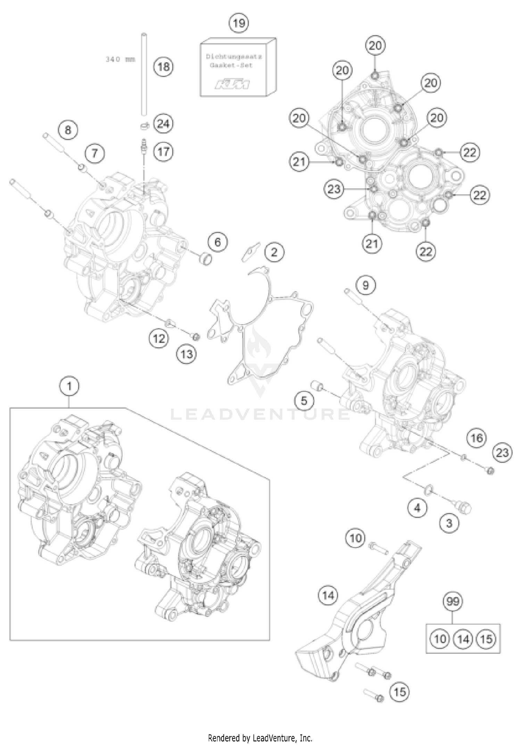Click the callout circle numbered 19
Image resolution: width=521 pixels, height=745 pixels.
tap(239, 23)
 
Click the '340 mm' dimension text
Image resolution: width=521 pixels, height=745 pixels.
tap(120, 59)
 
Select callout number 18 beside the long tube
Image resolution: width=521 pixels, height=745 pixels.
tap(164, 66)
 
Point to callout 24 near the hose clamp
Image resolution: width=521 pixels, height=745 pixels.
tap(164, 124)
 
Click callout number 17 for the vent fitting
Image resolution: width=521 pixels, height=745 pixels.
tap(164, 151)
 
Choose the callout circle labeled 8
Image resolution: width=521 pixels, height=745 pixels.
tap(68, 130)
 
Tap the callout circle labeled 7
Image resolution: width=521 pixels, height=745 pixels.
tap(95, 153)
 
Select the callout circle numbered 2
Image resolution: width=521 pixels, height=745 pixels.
tap(274, 252)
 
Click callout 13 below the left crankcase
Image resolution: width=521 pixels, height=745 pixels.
tap(187, 354)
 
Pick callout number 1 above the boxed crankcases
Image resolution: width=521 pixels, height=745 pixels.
tap(69, 386)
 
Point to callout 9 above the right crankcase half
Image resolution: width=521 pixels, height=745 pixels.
tap(365, 285)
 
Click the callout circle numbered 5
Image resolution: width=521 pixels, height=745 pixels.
tap(304, 401)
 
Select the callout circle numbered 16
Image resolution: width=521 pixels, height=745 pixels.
tap(477, 438)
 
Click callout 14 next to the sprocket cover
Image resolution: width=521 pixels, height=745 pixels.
tap(328, 596)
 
